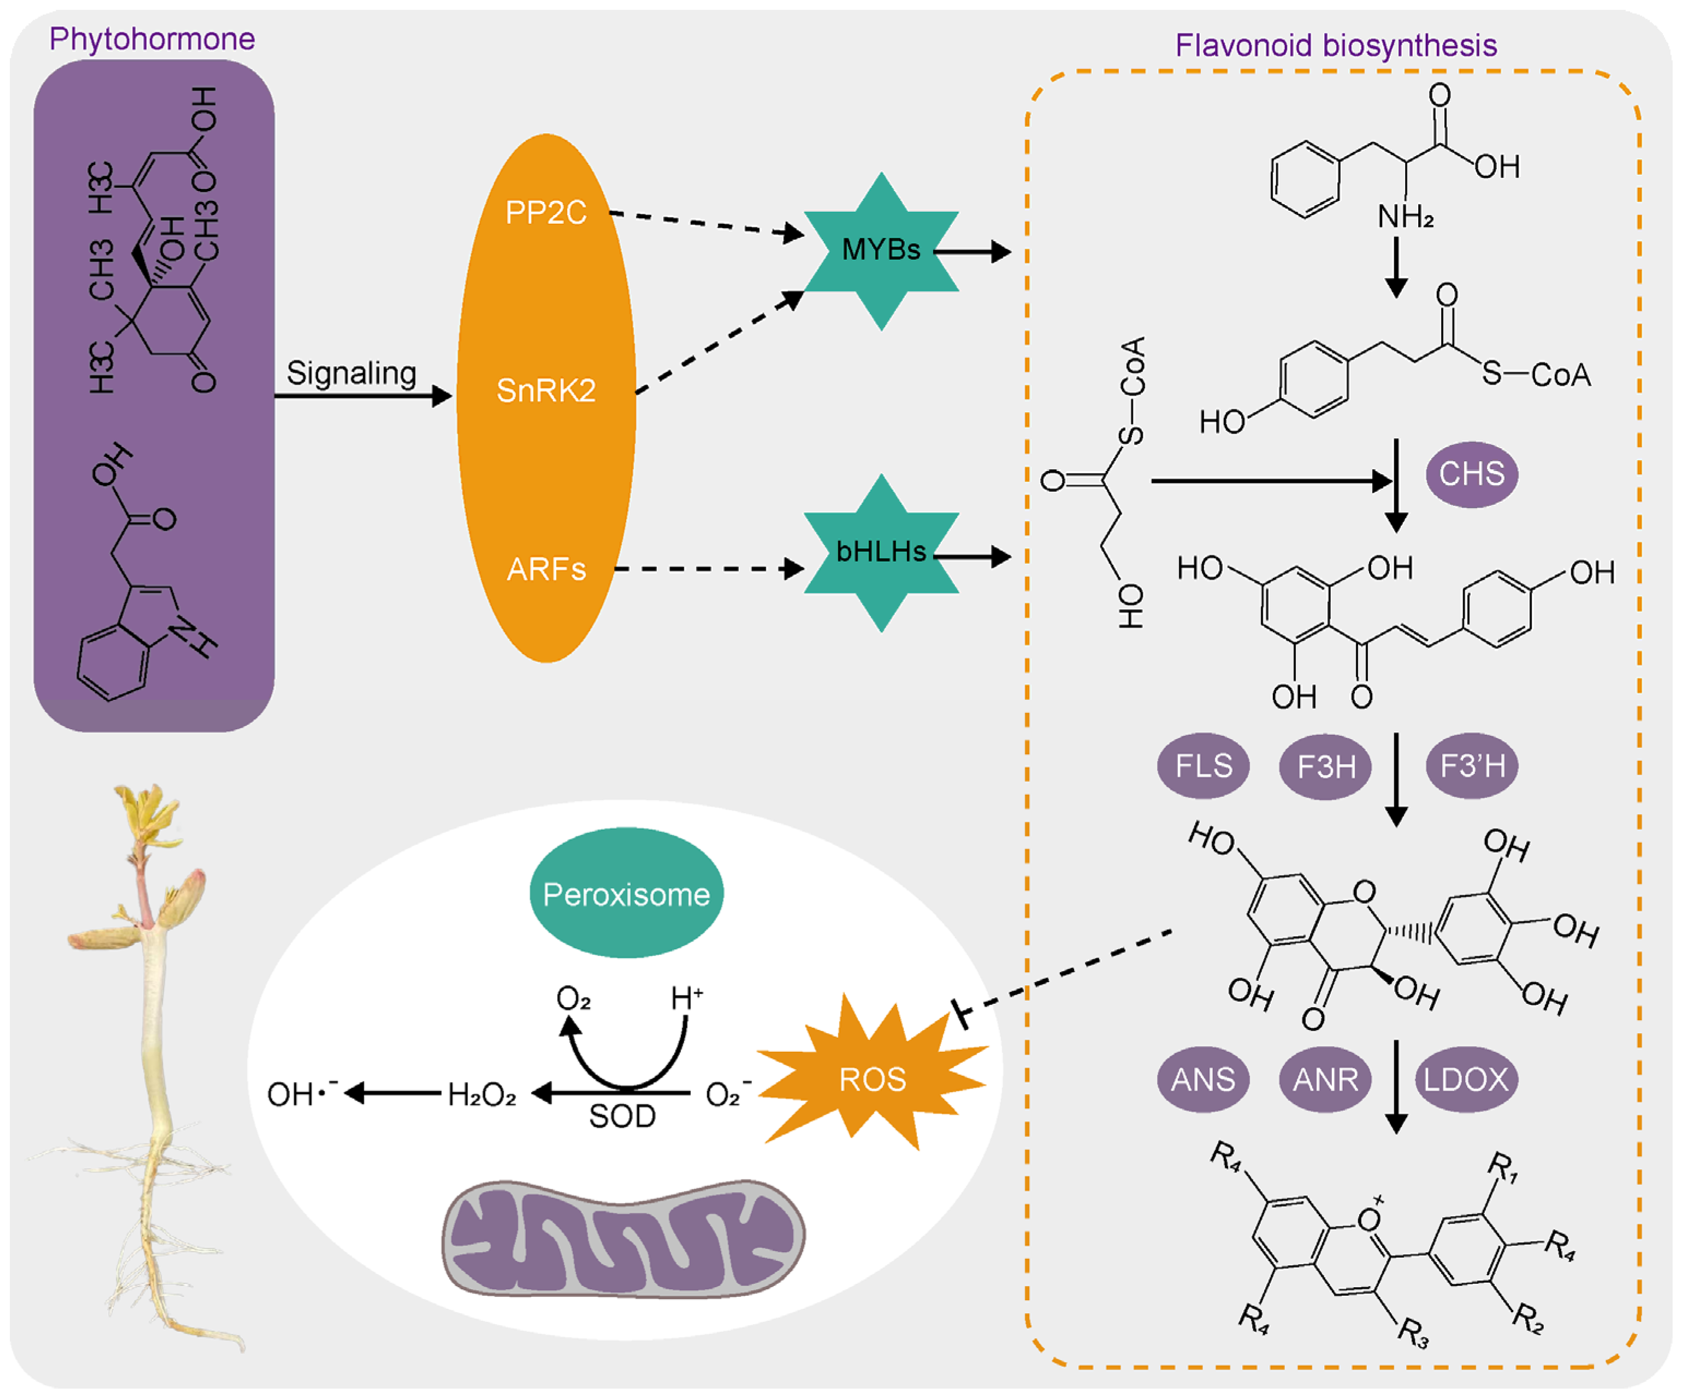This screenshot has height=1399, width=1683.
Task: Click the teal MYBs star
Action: tap(881, 251)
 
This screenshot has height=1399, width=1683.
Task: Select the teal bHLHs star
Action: tap(881, 553)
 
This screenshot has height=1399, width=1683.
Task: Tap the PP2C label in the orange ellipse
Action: tap(546, 213)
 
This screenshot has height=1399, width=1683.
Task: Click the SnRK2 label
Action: tap(546, 391)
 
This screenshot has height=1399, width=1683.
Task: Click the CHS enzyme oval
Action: tap(1472, 474)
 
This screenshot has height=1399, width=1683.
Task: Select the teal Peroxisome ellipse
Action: tap(626, 894)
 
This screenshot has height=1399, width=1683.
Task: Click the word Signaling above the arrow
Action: tap(351, 373)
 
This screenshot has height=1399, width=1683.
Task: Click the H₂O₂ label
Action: tap(482, 1094)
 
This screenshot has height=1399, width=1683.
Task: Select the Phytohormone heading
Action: tap(152, 38)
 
